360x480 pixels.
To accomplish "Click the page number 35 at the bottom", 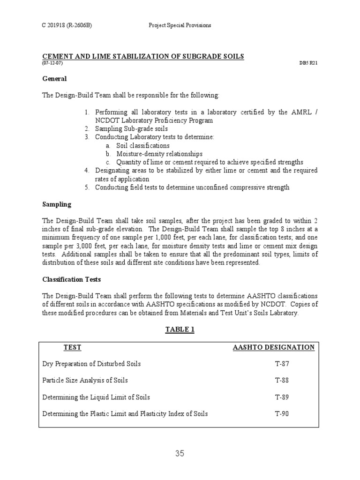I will pos(180,453).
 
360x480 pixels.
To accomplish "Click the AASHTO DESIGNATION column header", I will pos(274,347).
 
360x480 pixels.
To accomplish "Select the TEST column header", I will pos(72,347).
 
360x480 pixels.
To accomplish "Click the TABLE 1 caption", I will pos(180,330).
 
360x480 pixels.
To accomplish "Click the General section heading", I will pos(54,79).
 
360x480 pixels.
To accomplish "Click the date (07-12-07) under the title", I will pos(52,63).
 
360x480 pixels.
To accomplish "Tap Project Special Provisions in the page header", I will pos(180,25).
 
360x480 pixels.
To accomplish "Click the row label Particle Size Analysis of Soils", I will pos(85,380).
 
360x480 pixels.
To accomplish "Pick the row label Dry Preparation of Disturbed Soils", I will pos(91,364).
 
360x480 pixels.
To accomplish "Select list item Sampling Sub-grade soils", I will pos(131,128).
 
